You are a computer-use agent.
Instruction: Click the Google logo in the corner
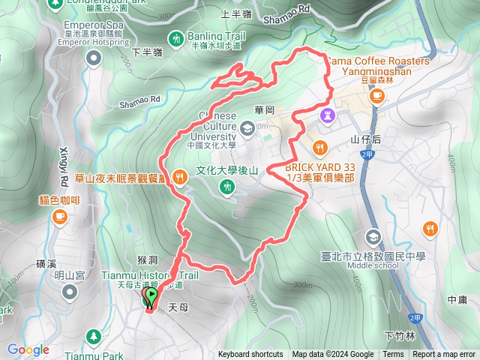(x=28, y=349)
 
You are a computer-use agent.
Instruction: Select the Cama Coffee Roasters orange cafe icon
(x=377, y=95)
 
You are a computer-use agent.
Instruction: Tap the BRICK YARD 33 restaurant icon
(x=320, y=146)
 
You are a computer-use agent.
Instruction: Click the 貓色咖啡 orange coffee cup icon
(x=59, y=216)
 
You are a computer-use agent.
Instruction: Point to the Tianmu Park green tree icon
(x=93, y=336)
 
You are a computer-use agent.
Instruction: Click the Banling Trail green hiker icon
(x=176, y=37)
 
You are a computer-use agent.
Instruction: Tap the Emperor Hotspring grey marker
(x=94, y=57)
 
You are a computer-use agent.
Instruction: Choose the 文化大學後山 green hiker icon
(x=226, y=186)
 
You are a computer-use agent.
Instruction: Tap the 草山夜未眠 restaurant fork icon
(x=178, y=177)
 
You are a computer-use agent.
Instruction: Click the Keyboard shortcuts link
(x=250, y=355)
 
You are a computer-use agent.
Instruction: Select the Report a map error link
(x=445, y=355)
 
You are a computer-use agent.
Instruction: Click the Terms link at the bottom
(x=393, y=355)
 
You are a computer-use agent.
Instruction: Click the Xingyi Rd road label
(x=64, y=158)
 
